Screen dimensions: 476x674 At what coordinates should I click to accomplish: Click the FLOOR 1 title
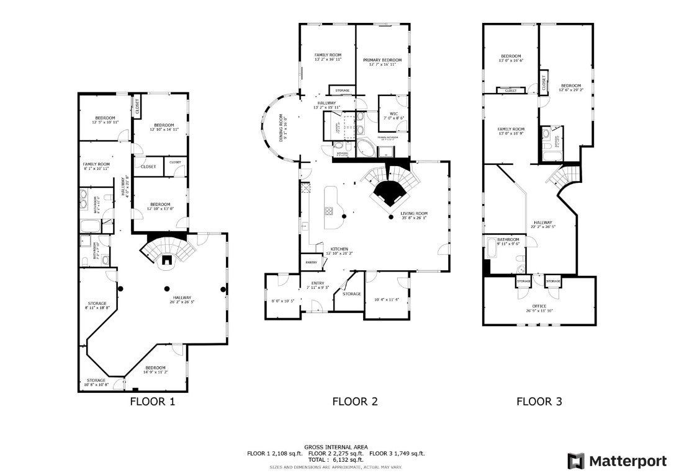152,401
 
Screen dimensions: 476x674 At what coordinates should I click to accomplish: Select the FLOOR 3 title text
539,401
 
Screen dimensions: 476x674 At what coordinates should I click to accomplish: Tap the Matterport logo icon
575,461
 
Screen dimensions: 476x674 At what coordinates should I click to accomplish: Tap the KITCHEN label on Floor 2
339,250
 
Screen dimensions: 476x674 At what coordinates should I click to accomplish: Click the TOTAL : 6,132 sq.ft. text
336,460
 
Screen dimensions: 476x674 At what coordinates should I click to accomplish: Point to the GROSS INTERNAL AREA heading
336,447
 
